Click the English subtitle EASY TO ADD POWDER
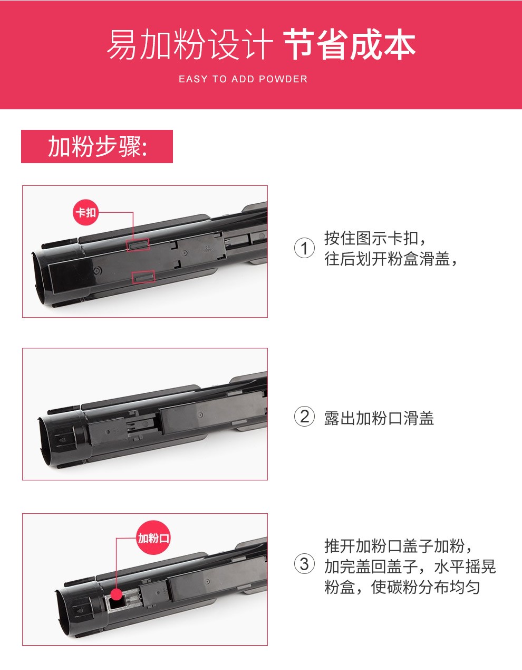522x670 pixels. [x=243, y=79]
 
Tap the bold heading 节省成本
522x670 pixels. [x=350, y=45]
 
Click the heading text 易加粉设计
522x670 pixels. [x=190, y=45]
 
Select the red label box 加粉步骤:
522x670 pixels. [x=97, y=146]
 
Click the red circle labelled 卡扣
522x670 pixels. [x=86, y=212]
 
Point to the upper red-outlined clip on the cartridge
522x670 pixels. [x=138, y=245]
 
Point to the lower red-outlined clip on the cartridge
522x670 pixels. [x=143, y=277]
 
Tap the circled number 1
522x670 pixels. [x=304, y=249]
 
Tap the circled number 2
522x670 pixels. [x=304, y=417]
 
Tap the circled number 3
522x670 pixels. [x=304, y=564]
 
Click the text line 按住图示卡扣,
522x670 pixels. [x=375, y=238]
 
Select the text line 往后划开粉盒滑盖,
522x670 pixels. [x=391, y=259]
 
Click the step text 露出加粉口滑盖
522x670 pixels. [x=379, y=418]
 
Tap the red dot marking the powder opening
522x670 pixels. [x=117, y=594]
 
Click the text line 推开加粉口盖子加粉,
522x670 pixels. [x=398, y=546]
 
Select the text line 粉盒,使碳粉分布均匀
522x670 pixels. [x=402, y=587]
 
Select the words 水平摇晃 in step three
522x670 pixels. [x=465, y=567]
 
